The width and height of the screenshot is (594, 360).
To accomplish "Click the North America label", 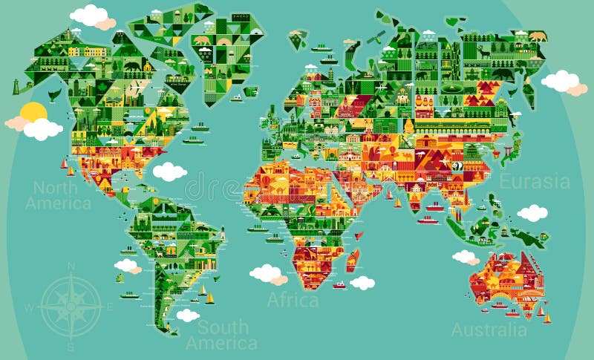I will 58,194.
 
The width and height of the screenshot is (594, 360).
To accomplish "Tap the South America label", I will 221,335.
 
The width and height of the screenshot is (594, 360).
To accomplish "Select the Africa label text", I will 293,300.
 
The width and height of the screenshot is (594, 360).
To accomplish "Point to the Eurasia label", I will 535,182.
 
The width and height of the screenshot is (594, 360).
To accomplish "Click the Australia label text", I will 489,330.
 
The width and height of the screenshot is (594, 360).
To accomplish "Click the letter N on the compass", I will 71,266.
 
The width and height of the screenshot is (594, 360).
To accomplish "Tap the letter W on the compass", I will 29,307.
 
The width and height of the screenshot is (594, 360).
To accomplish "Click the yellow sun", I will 33,113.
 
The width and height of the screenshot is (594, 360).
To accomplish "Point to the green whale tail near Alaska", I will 53,94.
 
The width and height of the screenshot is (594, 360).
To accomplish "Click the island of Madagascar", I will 353,260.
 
